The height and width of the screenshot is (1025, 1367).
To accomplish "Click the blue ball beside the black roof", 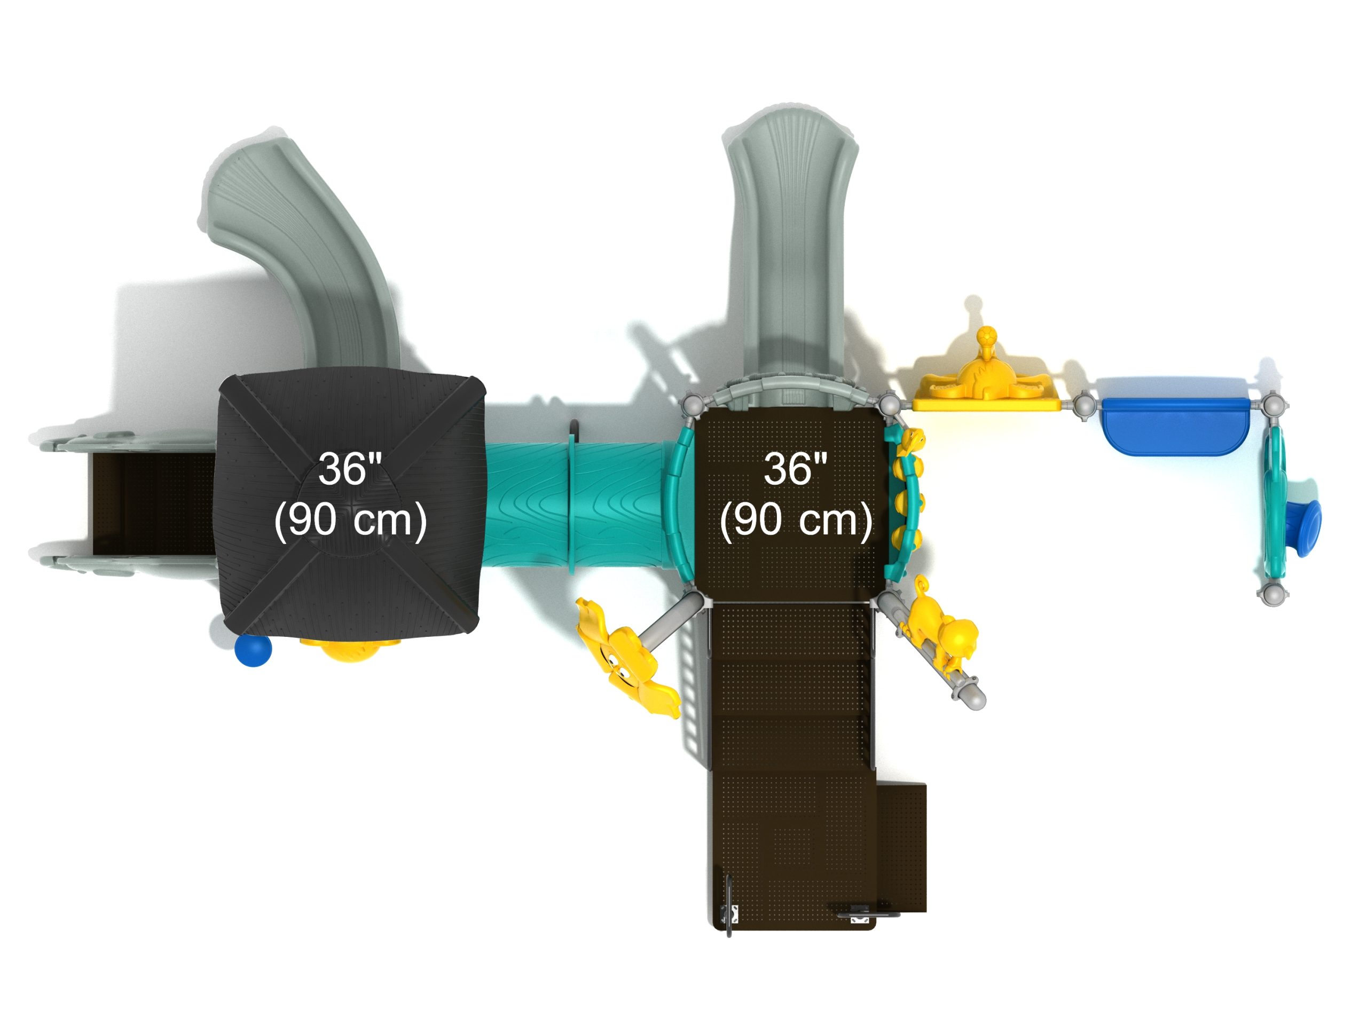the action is (254, 651).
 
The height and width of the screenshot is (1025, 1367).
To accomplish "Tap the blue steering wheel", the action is (1304, 529).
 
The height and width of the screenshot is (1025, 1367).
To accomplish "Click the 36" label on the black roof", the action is (350, 469).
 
